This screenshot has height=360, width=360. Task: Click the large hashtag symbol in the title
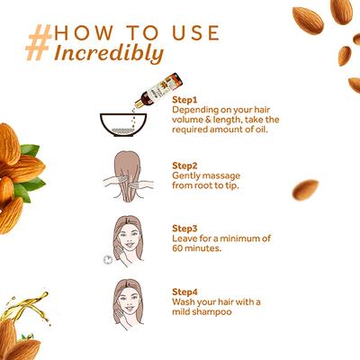[x=39, y=42]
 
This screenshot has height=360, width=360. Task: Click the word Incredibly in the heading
[x=109, y=54]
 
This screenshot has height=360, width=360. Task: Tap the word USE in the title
[x=196, y=33]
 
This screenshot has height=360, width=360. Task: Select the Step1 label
[x=184, y=100]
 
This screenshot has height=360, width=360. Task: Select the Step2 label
[x=184, y=166]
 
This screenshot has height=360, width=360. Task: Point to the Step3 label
[x=184, y=229]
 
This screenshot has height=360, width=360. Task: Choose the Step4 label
[x=184, y=292]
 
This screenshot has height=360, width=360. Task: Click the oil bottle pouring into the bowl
[x=158, y=90]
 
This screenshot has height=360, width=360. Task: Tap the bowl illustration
[x=123, y=125]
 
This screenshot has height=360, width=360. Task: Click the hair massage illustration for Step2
[x=128, y=176]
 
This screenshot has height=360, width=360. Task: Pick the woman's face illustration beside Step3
[x=128, y=241]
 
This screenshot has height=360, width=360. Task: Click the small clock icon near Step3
[x=108, y=260]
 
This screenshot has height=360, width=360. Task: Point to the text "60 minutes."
[x=196, y=248]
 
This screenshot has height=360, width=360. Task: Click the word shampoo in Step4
[x=211, y=312]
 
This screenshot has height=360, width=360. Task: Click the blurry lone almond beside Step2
[x=305, y=190]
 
